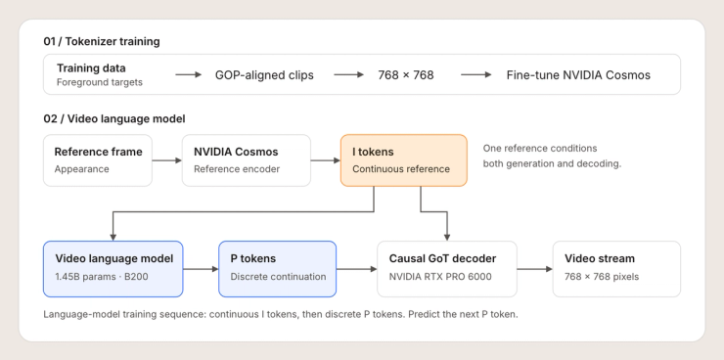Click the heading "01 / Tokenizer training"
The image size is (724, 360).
click(x=102, y=41)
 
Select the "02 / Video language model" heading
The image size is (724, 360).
click(x=114, y=119)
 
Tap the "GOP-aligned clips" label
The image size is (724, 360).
click(x=264, y=75)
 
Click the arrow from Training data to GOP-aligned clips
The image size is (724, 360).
click(x=189, y=74)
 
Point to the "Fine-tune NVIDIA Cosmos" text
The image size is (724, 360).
click(x=578, y=75)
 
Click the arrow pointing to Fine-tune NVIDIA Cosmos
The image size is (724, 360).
click(x=476, y=74)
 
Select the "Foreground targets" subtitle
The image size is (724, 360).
click(x=99, y=82)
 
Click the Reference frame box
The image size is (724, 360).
click(x=98, y=160)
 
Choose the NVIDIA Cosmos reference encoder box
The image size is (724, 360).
click(x=247, y=160)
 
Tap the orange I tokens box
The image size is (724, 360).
click(x=404, y=160)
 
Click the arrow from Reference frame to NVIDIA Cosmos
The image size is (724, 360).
click(x=167, y=160)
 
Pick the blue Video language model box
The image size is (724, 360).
click(x=113, y=269)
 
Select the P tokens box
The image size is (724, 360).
click(x=278, y=269)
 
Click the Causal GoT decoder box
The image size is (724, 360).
click(x=447, y=269)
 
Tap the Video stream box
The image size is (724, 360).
click(x=616, y=269)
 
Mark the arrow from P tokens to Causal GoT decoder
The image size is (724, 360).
click(x=357, y=269)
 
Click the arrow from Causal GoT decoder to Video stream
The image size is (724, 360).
click(x=535, y=269)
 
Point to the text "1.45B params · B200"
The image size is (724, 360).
click(x=102, y=277)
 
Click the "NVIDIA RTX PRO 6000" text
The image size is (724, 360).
click(x=440, y=277)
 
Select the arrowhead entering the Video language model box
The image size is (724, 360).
click(x=113, y=238)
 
